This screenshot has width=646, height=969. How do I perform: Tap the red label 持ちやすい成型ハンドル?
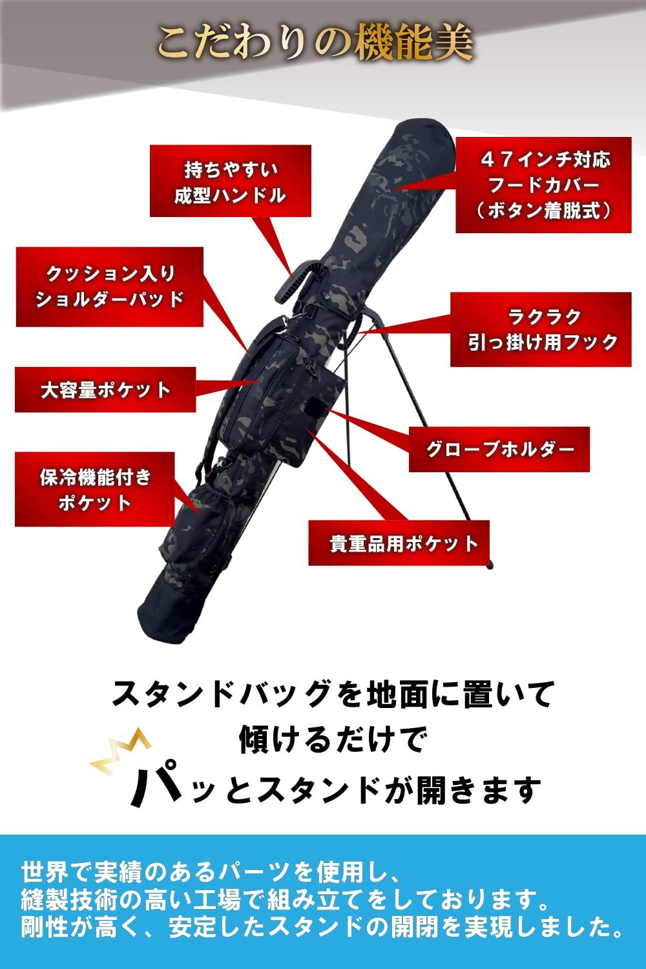(x=230, y=182)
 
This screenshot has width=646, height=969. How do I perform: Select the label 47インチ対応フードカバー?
(x=543, y=185)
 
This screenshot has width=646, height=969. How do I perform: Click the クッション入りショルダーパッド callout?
(x=110, y=286)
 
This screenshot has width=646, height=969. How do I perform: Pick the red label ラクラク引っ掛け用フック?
(x=541, y=329)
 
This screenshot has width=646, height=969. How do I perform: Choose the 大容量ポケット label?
(x=105, y=390)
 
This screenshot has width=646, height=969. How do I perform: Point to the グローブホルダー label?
(x=499, y=450)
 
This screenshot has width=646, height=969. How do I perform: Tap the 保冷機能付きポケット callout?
(x=95, y=490)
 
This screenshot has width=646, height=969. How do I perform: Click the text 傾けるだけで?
(x=333, y=739)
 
